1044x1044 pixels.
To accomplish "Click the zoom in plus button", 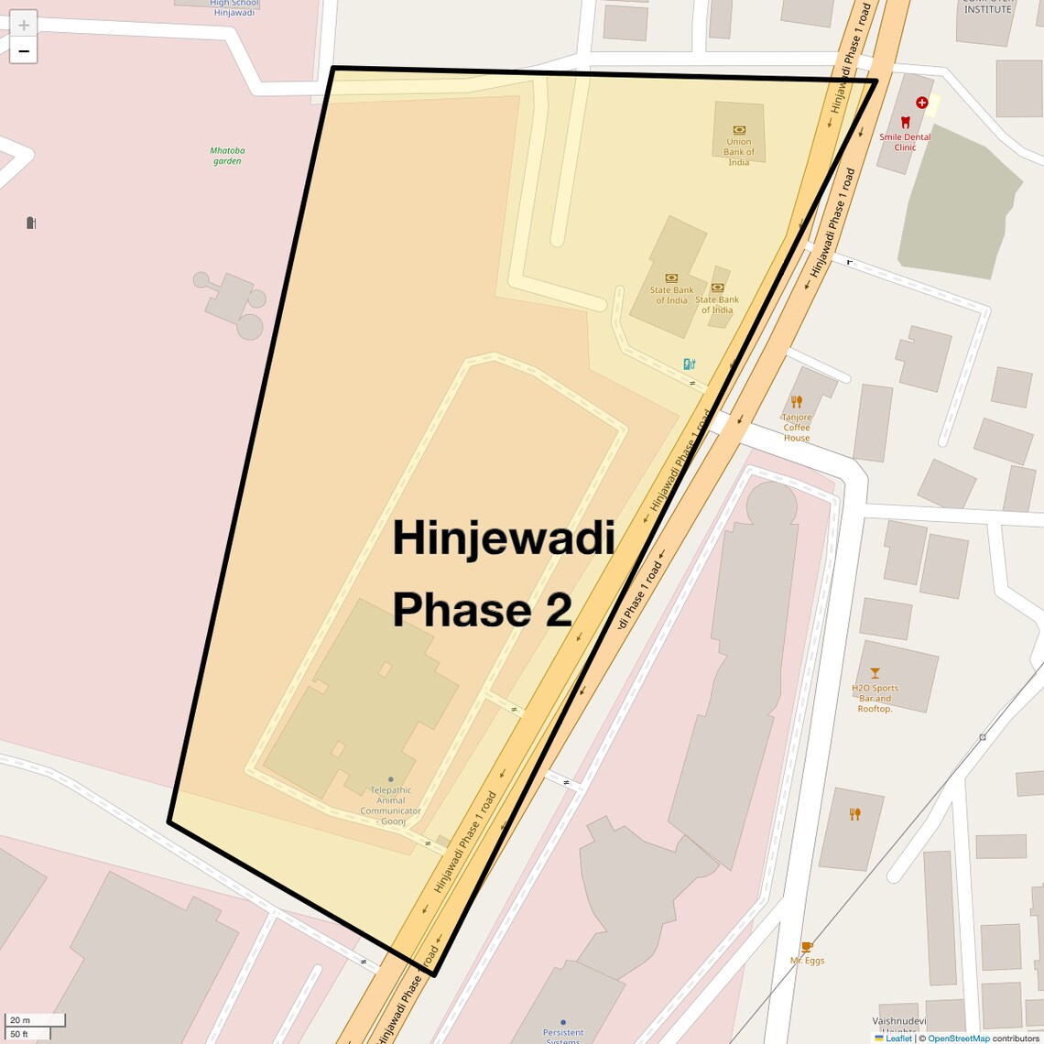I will pyautogui.click(x=24, y=25).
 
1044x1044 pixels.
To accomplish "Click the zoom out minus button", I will pyautogui.click(x=24, y=51).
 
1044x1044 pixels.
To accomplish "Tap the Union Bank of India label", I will pyautogui.click(x=738, y=151).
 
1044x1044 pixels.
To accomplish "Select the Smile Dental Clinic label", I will pyautogui.click(x=905, y=142).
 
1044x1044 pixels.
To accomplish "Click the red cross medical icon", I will pyautogui.click(x=921, y=103).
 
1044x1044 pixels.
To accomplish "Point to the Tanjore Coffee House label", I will pyautogui.click(x=796, y=428).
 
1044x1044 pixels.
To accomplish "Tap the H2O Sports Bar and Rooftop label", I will pyautogui.click(x=875, y=698).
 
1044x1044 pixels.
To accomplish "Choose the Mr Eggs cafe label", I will pyautogui.click(x=807, y=960).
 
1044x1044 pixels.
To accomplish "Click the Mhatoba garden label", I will pyautogui.click(x=227, y=156).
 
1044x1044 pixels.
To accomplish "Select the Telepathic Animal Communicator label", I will pyautogui.click(x=391, y=805).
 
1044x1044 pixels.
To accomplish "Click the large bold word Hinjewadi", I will pyautogui.click(x=503, y=538).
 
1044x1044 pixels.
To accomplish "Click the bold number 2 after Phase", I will pyautogui.click(x=559, y=610).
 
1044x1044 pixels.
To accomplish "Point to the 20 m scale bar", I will pyautogui.click(x=35, y=1019).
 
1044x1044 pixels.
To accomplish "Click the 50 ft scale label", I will pyautogui.click(x=20, y=1034).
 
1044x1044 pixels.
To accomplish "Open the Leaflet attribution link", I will pyautogui.click(x=897, y=1039).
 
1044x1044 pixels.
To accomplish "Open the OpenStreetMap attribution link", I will pyautogui.click(x=958, y=1039).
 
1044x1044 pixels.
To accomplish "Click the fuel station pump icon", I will pyautogui.click(x=689, y=364).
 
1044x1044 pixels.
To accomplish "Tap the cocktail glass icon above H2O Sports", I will pyautogui.click(x=875, y=673).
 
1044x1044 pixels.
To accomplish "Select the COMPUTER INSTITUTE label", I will pyautogui.click(x=987, y=7).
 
